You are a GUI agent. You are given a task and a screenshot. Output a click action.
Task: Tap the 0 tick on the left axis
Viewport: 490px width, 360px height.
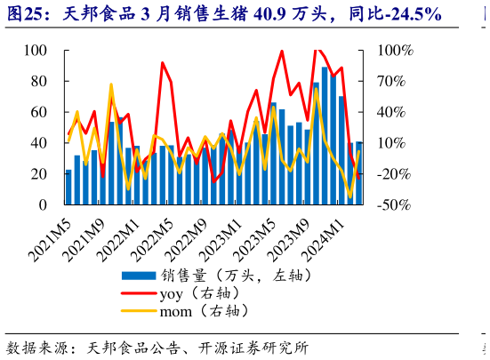(43, 204)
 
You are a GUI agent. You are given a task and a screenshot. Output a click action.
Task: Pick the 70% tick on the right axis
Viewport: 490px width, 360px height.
(387, 82)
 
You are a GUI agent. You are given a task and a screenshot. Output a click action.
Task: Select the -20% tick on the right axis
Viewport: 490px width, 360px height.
(389, 174)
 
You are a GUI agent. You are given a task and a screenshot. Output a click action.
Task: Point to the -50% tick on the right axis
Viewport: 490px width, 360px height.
(389, 204)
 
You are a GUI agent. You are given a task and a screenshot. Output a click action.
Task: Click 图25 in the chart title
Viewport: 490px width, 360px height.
(26, 13)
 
